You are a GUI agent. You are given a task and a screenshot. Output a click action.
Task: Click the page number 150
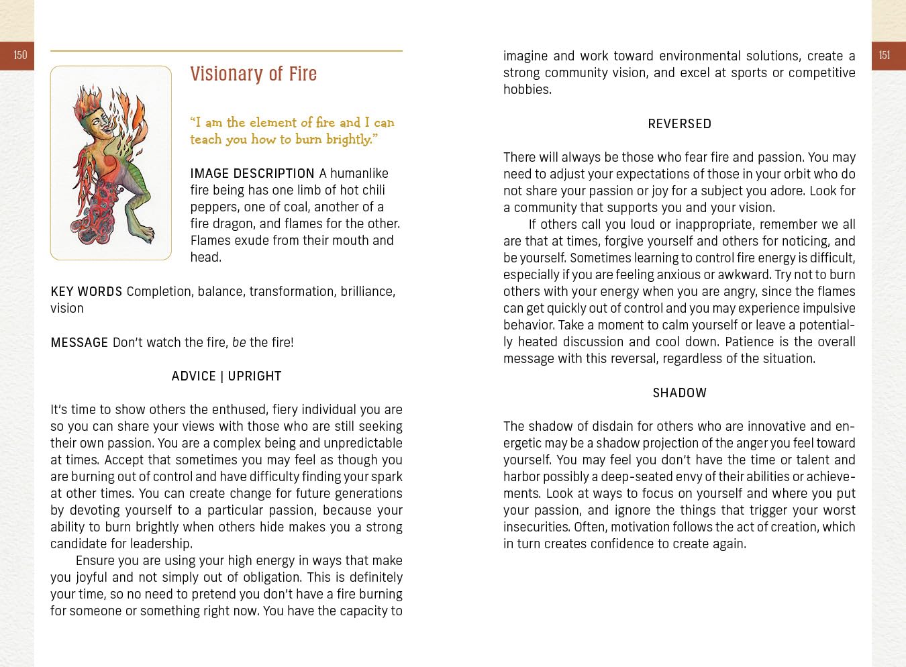20,56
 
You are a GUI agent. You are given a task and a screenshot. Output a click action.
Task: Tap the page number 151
885,56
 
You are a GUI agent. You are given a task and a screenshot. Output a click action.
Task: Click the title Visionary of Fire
253,74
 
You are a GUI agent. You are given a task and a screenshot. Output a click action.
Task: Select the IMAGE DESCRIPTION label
252,174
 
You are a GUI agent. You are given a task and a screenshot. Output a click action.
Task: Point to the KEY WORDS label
86,292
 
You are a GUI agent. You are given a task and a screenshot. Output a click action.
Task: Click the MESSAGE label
79,343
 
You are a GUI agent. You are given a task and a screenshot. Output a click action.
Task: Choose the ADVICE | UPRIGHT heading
226,376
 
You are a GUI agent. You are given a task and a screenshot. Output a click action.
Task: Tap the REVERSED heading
679,124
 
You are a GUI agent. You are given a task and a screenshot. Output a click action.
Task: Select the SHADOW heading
679,393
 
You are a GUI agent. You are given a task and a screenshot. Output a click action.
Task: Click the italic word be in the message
239,343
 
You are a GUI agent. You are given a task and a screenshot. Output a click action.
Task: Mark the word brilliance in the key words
366,292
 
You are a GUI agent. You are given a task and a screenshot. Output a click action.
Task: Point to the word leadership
162,544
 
